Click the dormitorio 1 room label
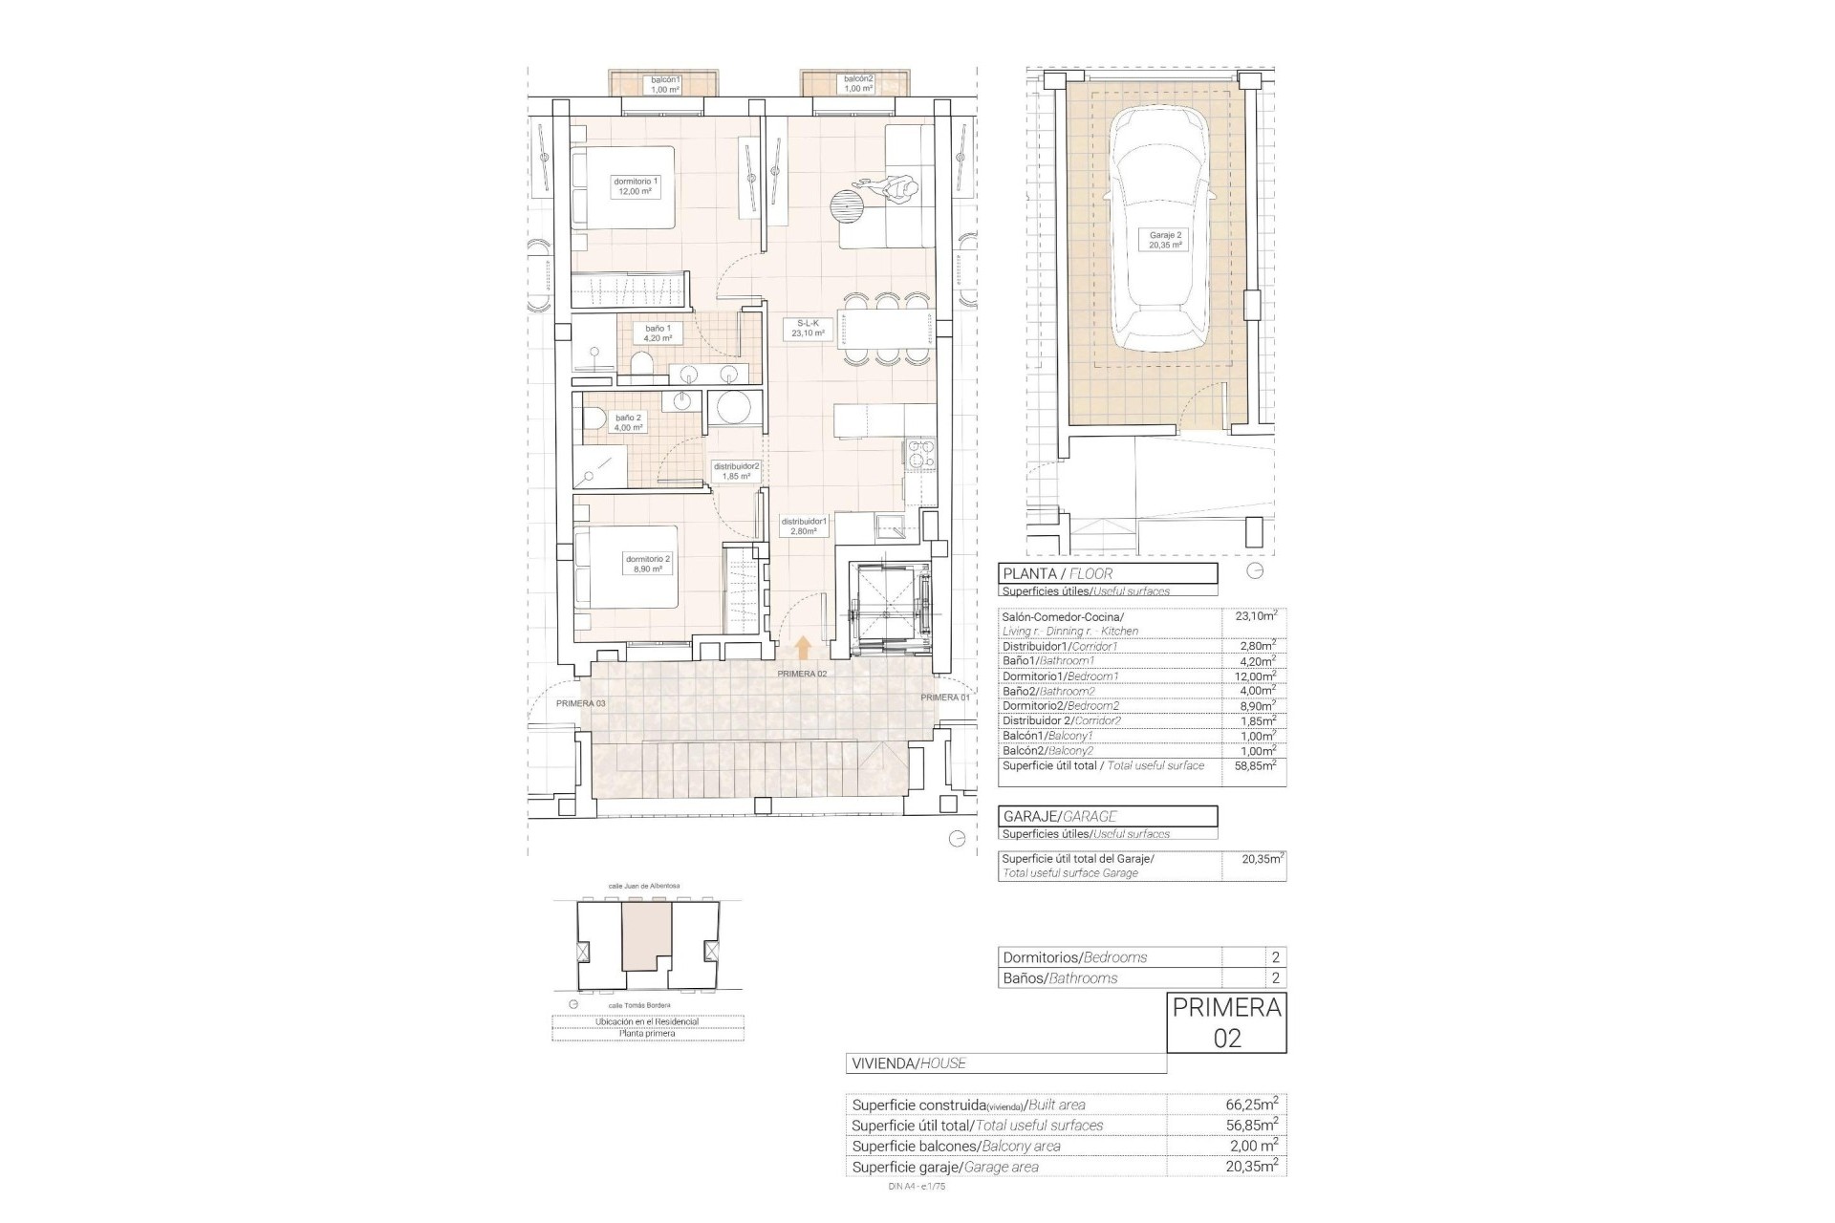pyautogui.click(x=636, y=186)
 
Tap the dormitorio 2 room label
pyautogui.click(x=648, y=564)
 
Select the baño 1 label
pyautogui.click(x=658, y=333)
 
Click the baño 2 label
pyautogui.click(x=628, y=422)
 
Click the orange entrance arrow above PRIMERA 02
pyautogui.click(x=803, y=649)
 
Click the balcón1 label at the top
pyautogui.click(x=665, y=84)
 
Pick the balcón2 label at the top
pyautogui.click(x=857, y=84)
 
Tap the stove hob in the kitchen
pyautogui.click(x=918, y=456)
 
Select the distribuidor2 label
pyautogui.click(x=736, y=471)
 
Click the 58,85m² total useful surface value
pyautogui.click(x=1253, y=766)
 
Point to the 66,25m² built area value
pyautogui.click(x=1251, y=1105)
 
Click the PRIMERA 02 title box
pyautogui.click(x=1226, y=1022)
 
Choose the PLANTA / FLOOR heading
pyautogui.click(x=1108, y=573)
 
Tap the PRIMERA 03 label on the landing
pyautogui.click(x=580, y=703)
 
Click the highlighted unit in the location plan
pyautogui.click(x=648, y=936)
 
